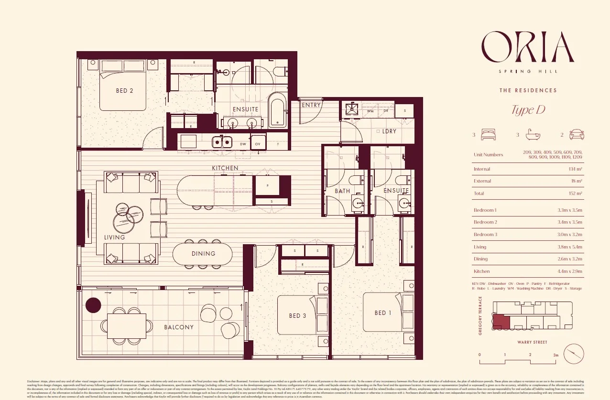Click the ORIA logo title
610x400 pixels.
(528, 47)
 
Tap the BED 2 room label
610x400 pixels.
(124, 91)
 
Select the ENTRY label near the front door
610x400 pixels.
(312, 105)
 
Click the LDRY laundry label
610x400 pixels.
(389, 131)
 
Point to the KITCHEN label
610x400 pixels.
(225, 168)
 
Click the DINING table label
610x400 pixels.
(204, 254)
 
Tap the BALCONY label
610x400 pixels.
(179, 327)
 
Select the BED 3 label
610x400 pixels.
(297, 316)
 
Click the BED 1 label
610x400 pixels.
(382, 313)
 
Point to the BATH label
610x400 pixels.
(342, 191)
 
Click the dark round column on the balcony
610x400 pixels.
(93, 305)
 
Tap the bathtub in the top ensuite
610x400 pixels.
(277, 110)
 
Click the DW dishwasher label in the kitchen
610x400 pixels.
(243, 143)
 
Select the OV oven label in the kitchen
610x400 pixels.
(257, 143)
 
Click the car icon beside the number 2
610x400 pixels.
(577, 135)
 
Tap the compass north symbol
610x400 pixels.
(574, 354)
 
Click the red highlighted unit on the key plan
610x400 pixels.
(501, 322)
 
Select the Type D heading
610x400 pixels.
(528, 110)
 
